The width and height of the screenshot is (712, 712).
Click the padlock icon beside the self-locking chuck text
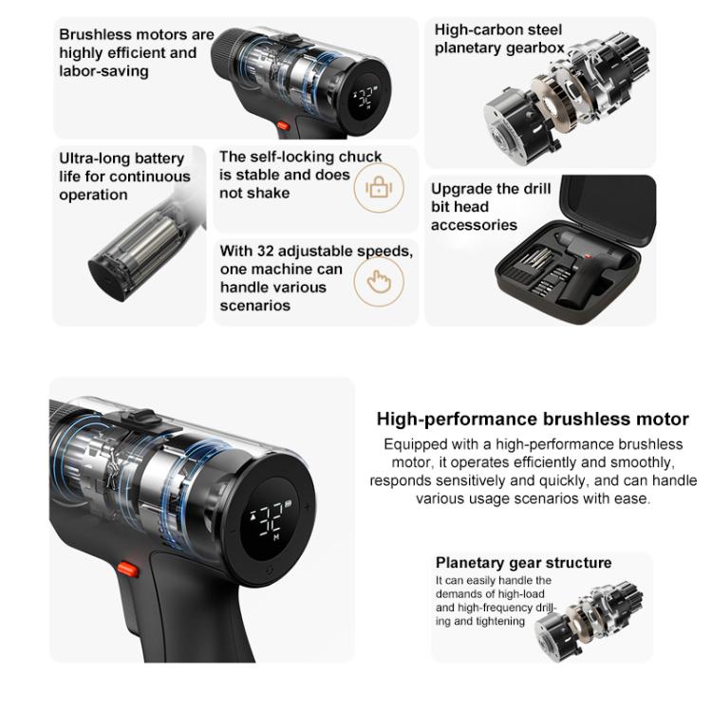379,187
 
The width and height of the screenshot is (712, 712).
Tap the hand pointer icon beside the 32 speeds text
379,282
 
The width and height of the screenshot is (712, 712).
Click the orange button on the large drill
127,570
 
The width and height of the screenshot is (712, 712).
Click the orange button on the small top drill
283,125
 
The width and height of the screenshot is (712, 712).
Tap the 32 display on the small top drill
365,97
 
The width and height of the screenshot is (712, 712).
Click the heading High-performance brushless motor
533,419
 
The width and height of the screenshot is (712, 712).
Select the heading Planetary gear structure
523,563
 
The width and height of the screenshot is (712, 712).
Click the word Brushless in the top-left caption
91,34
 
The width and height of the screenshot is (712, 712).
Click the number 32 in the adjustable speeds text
266,252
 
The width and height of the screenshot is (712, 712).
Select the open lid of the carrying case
609,210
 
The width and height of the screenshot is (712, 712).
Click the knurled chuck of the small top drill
228,53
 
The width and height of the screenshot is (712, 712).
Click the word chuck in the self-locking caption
360,157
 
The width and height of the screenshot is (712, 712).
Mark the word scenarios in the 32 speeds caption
254,306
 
